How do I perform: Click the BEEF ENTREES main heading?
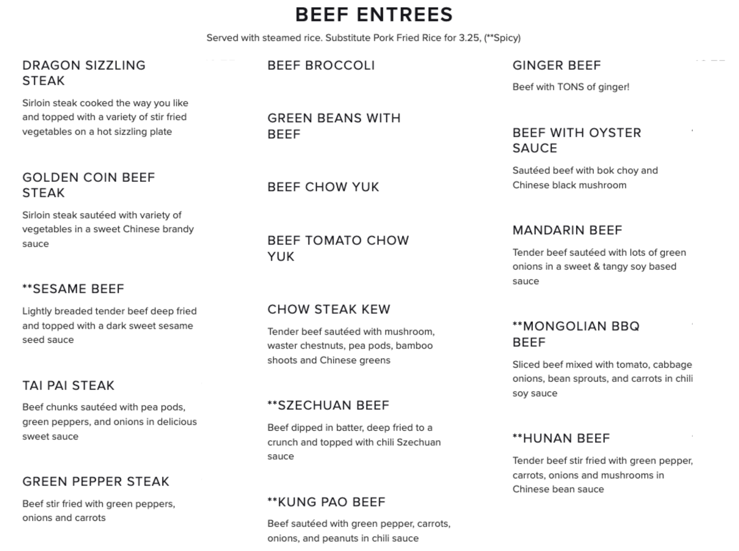[x=374, y=15]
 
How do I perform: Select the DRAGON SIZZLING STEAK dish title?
[x=84, y=73]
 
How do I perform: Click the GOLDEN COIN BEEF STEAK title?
[x=88, y=185]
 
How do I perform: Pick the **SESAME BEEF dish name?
[x=73, y=289]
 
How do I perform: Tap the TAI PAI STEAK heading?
[x=68, y=386]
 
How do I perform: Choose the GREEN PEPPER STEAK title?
[x=96, y=481]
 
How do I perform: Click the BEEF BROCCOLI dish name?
[x=321, y=66]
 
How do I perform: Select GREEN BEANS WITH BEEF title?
[x=334, y=126]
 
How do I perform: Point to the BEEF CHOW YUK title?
[x=323, y=187]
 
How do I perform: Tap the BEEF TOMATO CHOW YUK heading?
[x=338, y=248]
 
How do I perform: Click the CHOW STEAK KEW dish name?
[x=329, y=309]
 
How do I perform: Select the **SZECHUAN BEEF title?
[x=328, y=405]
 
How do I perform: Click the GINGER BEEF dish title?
[x=557, y=66]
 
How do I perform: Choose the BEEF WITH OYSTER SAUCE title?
[x=577, y=140]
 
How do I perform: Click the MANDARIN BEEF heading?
[x=567, y=230]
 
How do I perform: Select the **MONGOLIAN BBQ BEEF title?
[x=576, y=334]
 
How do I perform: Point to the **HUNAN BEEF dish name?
[x=561, y=438]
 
